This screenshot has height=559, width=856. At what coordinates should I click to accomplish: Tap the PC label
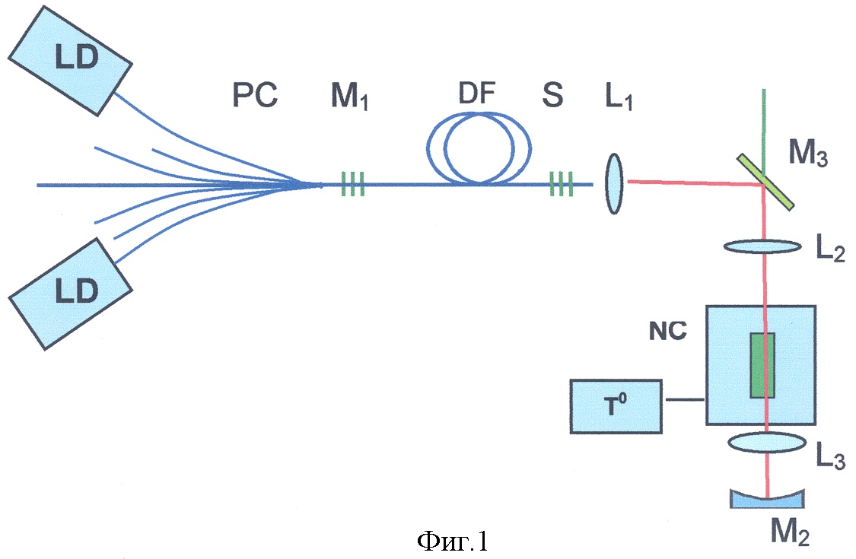[254, 97]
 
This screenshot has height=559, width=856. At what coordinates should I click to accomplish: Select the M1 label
[349, 98]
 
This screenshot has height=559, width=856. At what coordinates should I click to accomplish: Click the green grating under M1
[352, 183]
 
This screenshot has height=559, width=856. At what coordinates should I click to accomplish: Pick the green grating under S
[559, 183]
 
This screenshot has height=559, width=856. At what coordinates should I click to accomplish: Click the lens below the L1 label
[615, 183]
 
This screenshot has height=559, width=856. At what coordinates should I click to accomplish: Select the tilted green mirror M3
[765, 182]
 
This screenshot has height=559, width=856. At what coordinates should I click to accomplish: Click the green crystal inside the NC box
[762, 365]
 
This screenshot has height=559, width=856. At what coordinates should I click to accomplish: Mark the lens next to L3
[766, 442]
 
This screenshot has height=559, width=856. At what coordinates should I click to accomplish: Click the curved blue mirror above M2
[768, 499]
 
